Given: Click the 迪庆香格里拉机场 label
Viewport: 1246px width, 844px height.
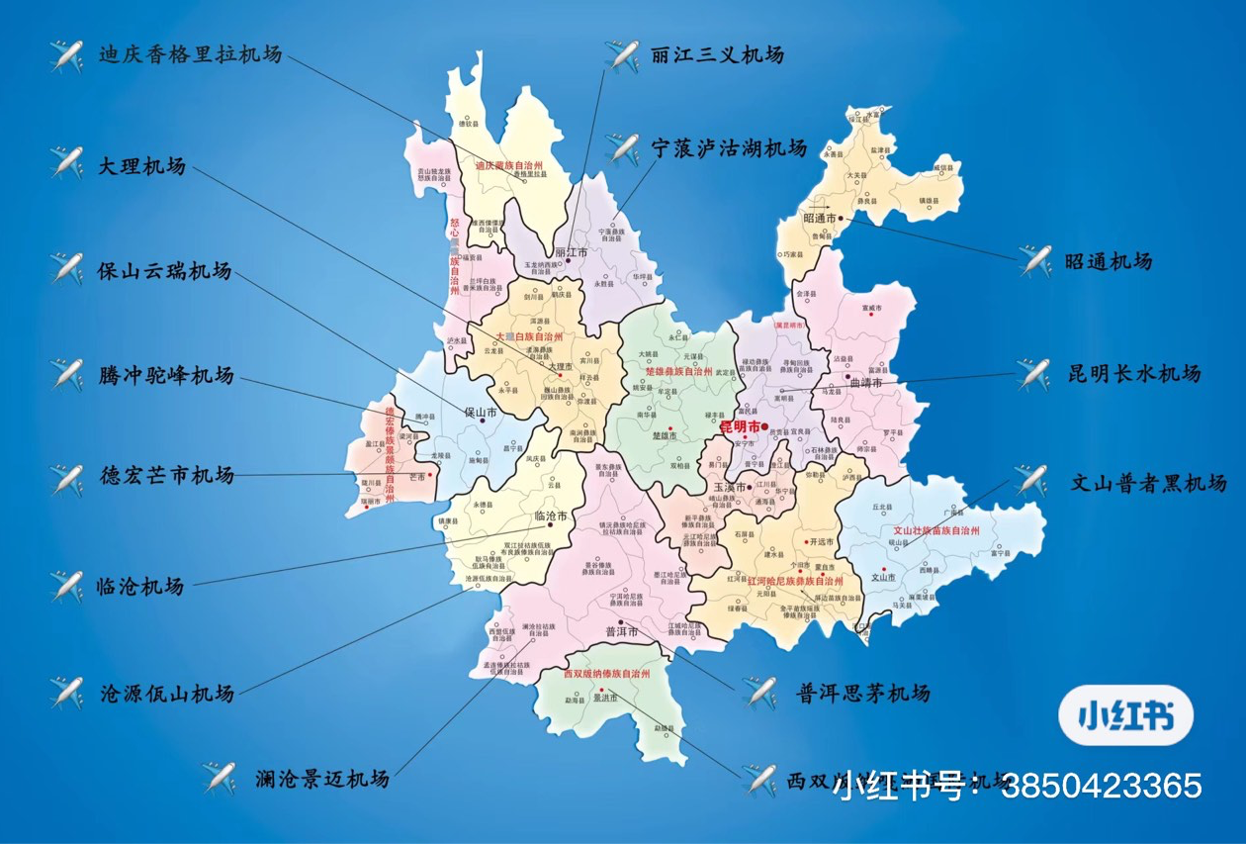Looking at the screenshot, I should click(x=190, y=54).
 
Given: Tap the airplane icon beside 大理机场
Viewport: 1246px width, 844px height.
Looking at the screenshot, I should click(x=66, y=163).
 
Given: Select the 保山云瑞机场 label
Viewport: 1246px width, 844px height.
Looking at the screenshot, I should click(x=164, y=270).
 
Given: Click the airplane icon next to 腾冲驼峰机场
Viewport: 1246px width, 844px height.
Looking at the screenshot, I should click(x=66, y=375).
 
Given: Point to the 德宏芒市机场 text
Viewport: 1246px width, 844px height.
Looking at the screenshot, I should click(x=166, y=476).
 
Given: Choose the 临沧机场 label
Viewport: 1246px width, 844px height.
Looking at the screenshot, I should click(x=141, y=587).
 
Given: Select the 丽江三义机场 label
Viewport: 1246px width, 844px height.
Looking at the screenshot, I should click(x=717, y=54).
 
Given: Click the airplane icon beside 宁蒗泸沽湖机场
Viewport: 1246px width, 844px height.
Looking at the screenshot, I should click(x=623, y=149).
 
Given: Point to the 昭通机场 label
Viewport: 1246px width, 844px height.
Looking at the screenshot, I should click(x=1108, y=262).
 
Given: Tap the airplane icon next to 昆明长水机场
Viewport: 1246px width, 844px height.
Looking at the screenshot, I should click(x=1033, y=374).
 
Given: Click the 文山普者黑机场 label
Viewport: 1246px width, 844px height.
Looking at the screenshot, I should click(x=1149, y=483).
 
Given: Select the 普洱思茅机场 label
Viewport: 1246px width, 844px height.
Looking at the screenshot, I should click(x=862, y=693).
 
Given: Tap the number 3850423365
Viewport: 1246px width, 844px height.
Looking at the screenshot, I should click(x=1102, y=787).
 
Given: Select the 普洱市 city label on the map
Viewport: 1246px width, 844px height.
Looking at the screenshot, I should click(x=622, y=631).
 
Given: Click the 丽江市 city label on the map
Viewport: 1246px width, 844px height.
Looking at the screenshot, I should click(x=572, y=252).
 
